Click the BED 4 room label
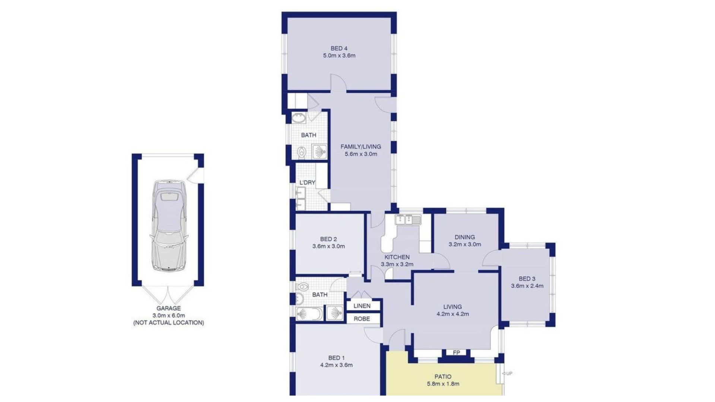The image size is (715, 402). click(x=339, y=48)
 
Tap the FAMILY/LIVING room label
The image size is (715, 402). click(x=360, y=147)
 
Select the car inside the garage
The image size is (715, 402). click(x=169, y=225)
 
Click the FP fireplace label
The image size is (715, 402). click(x=456, y=352)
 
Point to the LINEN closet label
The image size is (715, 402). click(x=362, y=306)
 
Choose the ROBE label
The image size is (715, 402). click(x=362, y=319)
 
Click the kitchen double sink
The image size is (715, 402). click(x=408, y=220)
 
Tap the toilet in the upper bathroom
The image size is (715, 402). click(x=302, y=152)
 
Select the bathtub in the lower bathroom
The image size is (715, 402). click(x=309, y=314)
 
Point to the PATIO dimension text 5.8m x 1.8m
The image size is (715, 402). click(x=443, y=384)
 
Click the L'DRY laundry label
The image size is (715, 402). click(x=307, y=183)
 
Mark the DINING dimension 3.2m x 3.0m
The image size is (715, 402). click(x=464, y=245)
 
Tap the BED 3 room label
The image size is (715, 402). click(x=527, y=279)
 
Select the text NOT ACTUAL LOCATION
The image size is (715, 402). click(x=169, y=323)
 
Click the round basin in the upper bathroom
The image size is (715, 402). click(x=298, y=118)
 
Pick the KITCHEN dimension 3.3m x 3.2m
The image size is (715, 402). click(x=397, y=265)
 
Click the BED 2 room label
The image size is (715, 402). click(x=328, y=239)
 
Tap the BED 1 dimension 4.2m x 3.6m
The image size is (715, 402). click(x=336, y=365)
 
